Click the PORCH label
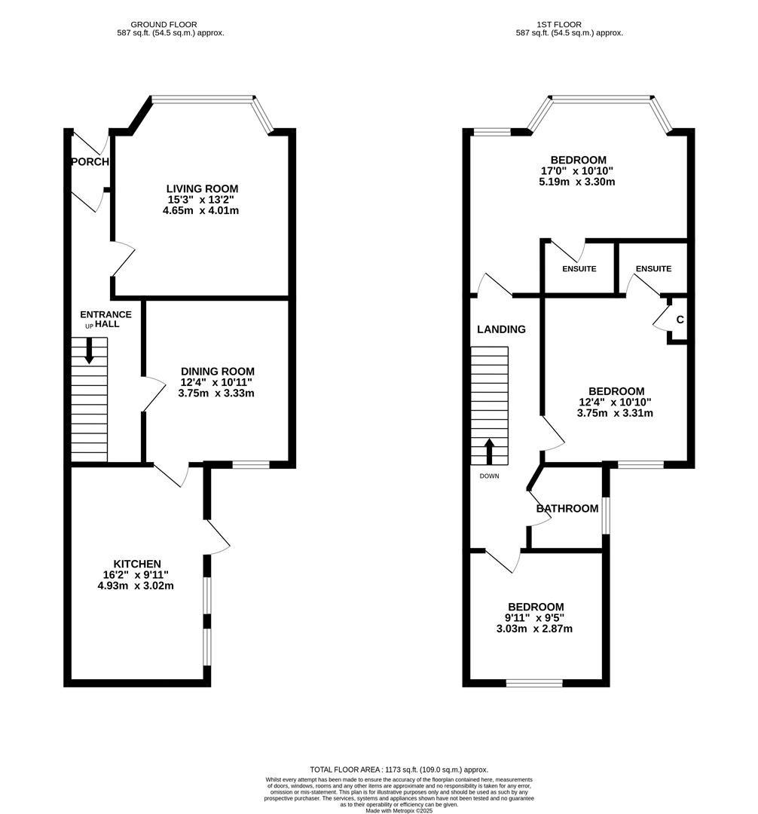click(90, 162)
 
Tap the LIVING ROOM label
click(202, 188)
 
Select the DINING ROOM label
click(217, 371)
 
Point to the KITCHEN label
click(136, 564)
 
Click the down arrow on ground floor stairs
click(90, 351)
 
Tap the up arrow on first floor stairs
click(489, 450)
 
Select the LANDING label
click(501, 329)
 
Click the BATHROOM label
click(567, 509)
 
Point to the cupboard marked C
click(679, 320)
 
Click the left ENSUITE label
click(579, 269)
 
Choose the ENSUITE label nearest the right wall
click(653, 269)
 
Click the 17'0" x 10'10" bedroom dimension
click(578, 171)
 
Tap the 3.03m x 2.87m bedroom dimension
click(535, 629)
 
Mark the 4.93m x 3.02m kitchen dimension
click(136, 585)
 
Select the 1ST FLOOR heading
click(569, 25)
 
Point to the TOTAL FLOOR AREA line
click(399, 770)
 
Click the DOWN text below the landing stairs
click(489, 476)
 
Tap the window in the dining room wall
click(250, 465)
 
